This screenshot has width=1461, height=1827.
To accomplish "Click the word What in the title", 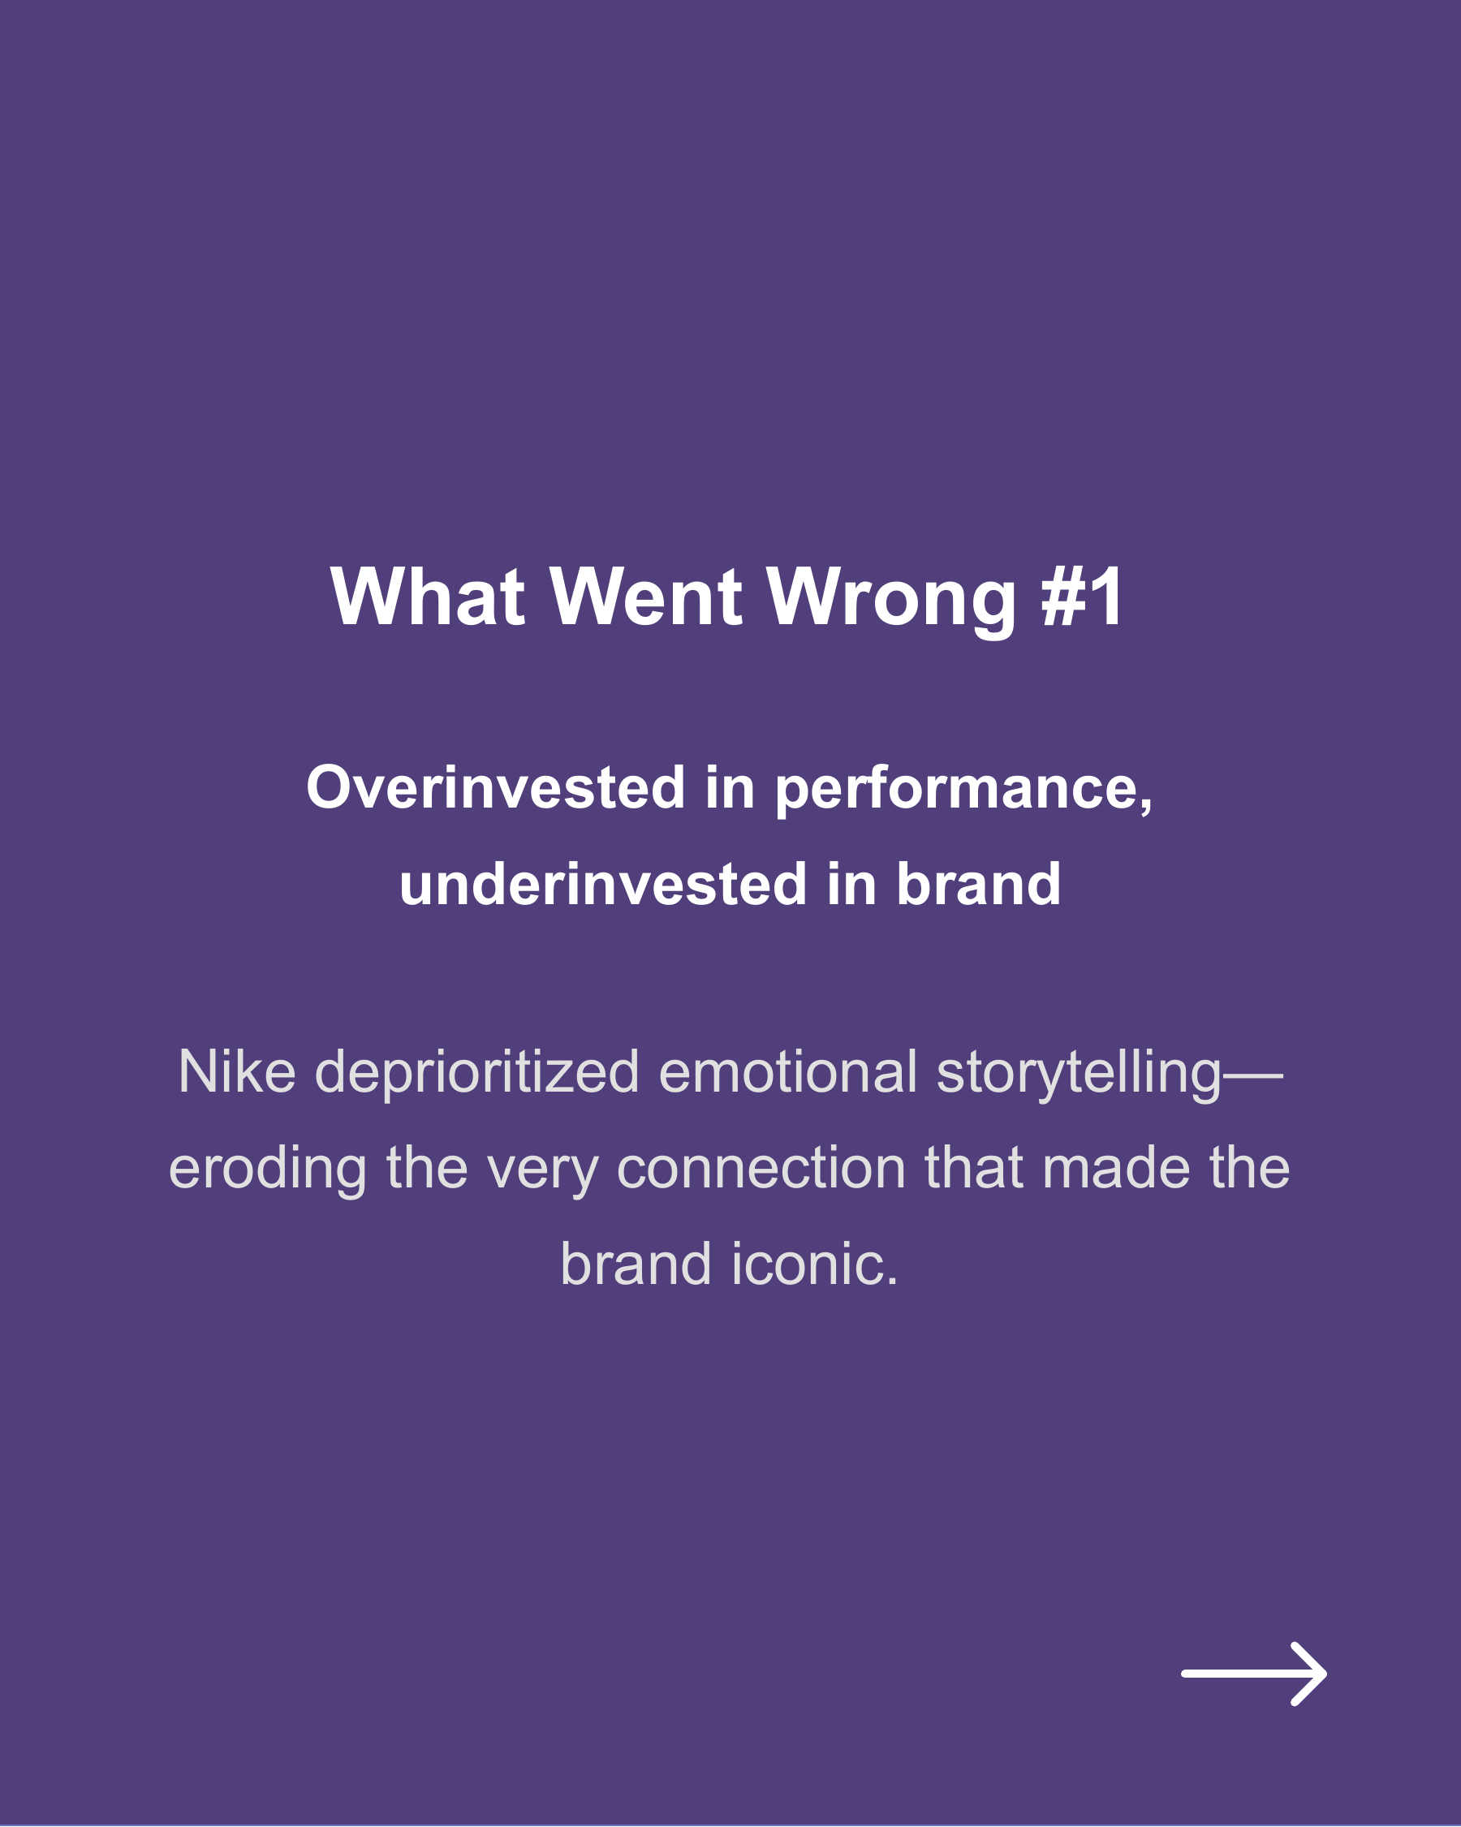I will (427, 597).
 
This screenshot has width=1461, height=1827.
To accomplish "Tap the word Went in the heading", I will (647, 597).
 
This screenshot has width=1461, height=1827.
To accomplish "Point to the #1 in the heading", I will (1082, 597).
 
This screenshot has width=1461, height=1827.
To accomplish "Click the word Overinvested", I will (496, 788).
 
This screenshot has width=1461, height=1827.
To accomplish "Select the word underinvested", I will (602, 885).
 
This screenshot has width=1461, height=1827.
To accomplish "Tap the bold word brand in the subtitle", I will (978, 885).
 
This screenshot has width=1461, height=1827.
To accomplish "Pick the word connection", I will (761, 1169).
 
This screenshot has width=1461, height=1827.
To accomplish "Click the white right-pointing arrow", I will (1253, 1674).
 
